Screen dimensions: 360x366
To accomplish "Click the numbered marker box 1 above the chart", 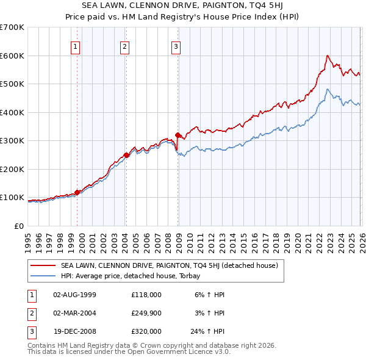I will click(x=76, y=46).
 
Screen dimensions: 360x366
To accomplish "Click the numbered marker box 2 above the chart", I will click(x=124, y=46).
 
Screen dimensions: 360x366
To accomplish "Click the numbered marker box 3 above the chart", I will click(x=176, y=46).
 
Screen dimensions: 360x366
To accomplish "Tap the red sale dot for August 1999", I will click(x=77, y=192).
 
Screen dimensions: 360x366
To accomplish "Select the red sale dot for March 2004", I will click(x=126, y=155).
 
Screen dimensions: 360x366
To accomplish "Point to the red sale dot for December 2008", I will click(x=178, y=135).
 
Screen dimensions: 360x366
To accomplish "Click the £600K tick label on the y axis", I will click(x=12, y=56).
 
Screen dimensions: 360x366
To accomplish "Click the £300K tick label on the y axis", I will click(x=12, y=141).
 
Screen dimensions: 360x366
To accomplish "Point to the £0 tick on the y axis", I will click(x=18, y=226).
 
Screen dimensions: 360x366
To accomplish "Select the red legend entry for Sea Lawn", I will click(x=169, y=265).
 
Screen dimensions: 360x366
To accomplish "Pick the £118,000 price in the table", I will click(x=146, y=294).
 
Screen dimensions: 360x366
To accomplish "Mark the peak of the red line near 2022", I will click(x=327, y=56).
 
